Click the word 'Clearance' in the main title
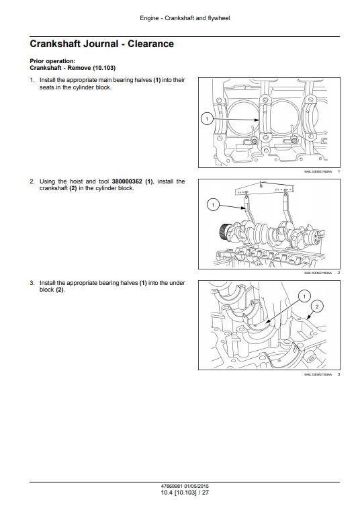pos(150,44)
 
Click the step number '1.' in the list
pos(32,80)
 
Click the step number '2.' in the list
pos(32,181)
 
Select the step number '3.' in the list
pos(32,283)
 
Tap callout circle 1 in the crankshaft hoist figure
pos(212,204)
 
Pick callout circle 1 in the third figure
pos(302,296)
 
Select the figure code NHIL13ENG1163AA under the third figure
pos(318,374)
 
